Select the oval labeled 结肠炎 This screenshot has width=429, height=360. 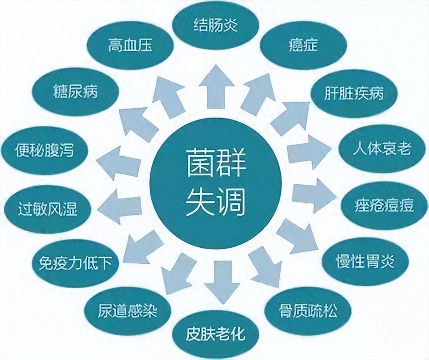216,25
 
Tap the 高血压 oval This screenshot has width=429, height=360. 130,45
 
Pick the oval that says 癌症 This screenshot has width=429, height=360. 303,45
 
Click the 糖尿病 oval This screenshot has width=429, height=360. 75,91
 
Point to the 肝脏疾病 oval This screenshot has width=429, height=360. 354,93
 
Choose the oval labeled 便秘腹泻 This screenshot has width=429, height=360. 45,150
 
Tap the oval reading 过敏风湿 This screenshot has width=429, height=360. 47,209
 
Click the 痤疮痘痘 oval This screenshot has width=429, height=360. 384,205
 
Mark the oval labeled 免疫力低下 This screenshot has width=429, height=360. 75,263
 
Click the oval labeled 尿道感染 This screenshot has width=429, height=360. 127,311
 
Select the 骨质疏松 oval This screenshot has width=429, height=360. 308,311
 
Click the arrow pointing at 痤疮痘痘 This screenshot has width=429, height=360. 315,196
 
